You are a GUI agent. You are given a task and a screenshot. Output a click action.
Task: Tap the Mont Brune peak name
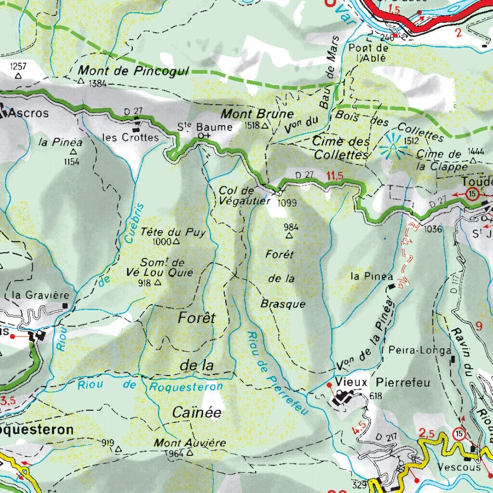257,114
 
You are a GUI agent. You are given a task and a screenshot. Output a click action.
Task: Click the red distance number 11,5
335,176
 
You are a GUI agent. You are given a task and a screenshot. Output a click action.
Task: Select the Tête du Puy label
173,232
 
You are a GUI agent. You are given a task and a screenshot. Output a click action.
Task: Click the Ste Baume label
205,127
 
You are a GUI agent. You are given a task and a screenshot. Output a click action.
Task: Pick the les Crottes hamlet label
130,138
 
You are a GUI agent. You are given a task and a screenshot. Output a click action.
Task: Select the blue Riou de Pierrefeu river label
277,373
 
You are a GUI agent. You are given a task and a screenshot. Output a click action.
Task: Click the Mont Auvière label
183,442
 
